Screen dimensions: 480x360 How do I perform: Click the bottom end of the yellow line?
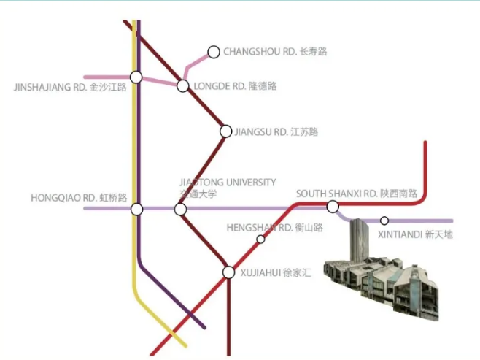(x=186, y=347)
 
